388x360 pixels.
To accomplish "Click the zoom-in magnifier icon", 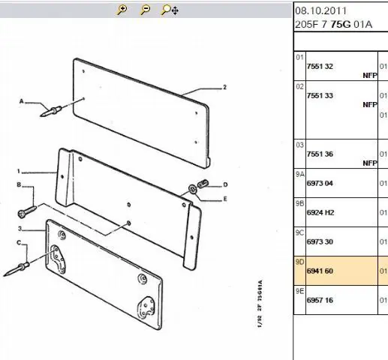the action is (122, 10).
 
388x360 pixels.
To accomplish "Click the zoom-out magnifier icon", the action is (145, 10).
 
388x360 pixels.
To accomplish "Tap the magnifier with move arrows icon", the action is (170, 10).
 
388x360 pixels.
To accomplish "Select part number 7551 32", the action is (320, 67).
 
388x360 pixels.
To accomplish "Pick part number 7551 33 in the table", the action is (320, 96).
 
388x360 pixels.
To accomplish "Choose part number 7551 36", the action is (320, 154).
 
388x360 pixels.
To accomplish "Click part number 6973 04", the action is (320, 184).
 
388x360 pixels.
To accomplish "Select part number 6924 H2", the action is (320, 213).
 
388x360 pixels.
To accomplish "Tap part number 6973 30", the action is (320, 242).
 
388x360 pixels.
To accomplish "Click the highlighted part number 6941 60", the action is (320, 271).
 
